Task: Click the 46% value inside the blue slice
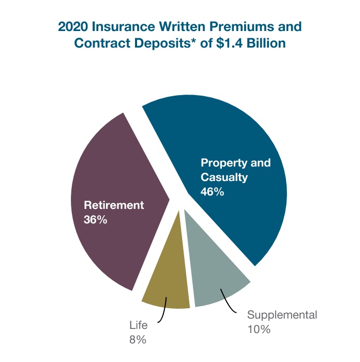tap(212, 192)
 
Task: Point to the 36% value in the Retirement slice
tap(95, 219)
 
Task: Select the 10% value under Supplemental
tap(259, 329)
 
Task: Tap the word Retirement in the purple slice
tap(114, 205)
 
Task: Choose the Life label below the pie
tap(138, 326)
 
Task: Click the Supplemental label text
tap(282, 315)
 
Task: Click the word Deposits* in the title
tap(167, 43)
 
